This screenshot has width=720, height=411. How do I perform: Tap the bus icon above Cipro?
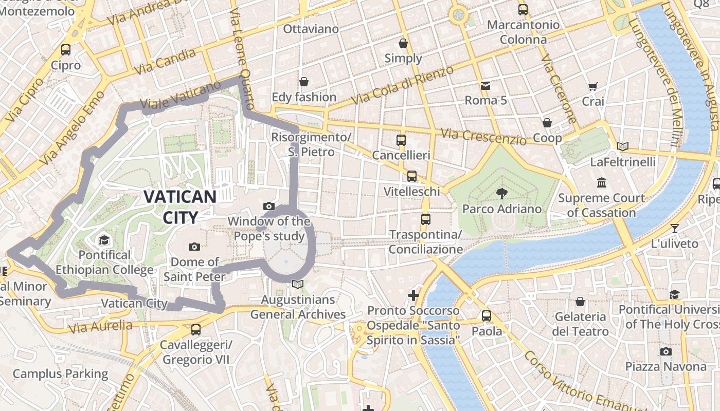point(66,50)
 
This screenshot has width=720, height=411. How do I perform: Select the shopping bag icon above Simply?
point(403,43)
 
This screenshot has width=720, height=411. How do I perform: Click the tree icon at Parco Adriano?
point(501,193)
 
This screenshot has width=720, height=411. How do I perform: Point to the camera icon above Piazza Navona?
point(666,351)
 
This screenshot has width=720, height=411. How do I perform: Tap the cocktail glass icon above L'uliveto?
point(675,228)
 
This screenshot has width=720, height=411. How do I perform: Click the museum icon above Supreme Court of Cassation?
point(601,182)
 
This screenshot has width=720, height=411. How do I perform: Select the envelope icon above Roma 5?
point(485,85)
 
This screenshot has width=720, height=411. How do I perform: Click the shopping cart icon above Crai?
point(593,87)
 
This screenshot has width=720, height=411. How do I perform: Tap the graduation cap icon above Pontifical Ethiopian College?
point(104,240)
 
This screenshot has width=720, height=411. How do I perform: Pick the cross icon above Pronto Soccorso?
point(413,295)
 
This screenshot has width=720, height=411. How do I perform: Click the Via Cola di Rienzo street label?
point(403,85)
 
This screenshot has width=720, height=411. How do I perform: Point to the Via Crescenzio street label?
point(483,136)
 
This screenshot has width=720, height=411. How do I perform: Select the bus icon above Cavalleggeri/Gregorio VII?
point(195,330)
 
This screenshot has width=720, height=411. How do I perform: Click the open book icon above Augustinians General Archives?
point(298,284)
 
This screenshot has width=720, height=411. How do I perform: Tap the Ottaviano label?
point(311,29)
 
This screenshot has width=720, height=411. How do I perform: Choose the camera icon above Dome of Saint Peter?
point(194,247)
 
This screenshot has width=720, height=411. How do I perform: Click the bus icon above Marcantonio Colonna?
point(523,9)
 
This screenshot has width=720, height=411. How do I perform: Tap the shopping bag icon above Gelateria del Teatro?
point(580,302)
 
